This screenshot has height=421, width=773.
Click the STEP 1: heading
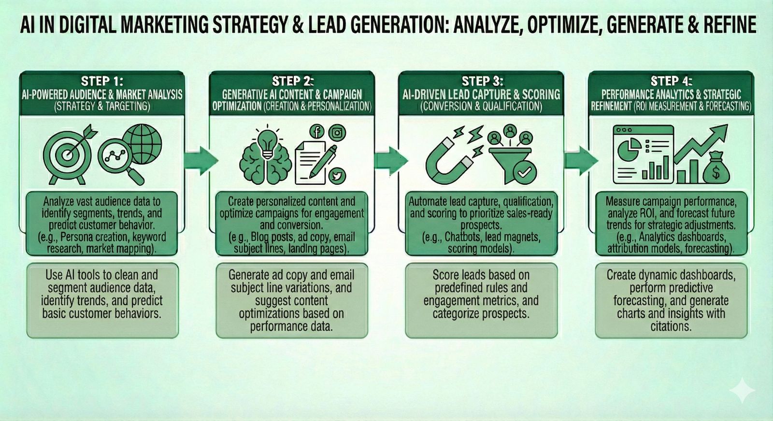[102, 81]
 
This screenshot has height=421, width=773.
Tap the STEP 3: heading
[482, 81]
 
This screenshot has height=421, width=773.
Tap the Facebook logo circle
[317, 131]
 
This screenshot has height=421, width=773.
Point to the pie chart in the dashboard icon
[628, 149]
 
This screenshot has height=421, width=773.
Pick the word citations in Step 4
[671, 326]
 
